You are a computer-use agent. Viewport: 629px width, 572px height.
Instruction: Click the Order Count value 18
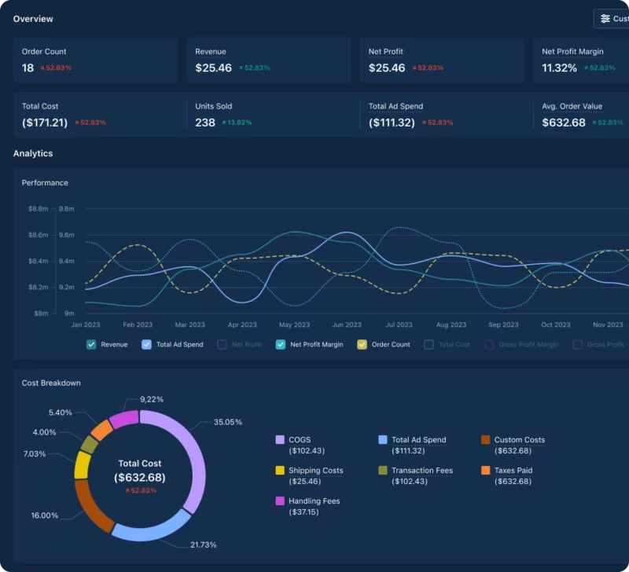(x=28, y=68)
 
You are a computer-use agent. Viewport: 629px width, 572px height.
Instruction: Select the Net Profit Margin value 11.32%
(x=560, y=68)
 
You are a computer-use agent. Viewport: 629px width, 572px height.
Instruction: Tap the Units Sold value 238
(x=205, y=123)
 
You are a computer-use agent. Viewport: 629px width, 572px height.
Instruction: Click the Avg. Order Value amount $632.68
(x=564, y=123)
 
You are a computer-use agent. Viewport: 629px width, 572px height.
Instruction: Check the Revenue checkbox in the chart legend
(x=91, y=344)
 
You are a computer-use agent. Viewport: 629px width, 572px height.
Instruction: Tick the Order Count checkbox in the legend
(x=362, y=344)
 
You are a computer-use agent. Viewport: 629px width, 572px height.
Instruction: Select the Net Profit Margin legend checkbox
(x=281, y=344)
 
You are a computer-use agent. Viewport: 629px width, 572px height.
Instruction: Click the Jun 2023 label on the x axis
(x=347, y=324)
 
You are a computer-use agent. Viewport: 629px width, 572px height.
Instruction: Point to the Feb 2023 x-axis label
(x=138, y=324)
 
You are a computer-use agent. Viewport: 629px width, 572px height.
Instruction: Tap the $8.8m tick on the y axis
(x=38, y=209)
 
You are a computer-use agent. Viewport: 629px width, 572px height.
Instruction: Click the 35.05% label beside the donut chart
(x=228, y=422)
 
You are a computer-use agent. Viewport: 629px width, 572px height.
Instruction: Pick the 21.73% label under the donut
(x=203, y=544)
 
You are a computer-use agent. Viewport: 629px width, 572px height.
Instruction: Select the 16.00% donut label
(x=45, y=515)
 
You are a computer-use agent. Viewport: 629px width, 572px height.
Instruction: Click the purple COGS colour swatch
(x=280, y=440)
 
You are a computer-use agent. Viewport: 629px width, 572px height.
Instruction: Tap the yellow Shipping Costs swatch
(x=280, y=471)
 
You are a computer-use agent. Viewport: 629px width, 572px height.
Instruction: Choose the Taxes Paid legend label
(x=513, y=471)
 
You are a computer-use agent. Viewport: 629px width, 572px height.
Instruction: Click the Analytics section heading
(x=33, y=153)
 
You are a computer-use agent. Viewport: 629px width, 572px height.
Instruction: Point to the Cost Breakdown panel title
(x=51, y=383)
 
